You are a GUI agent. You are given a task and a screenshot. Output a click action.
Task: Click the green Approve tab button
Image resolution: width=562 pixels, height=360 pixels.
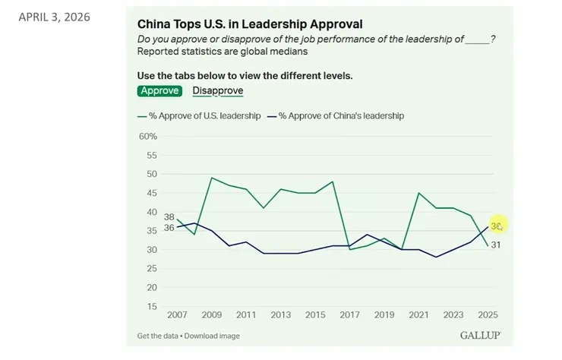pos(159,90)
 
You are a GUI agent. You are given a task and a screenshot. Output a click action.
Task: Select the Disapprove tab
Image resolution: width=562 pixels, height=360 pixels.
pos(218,90)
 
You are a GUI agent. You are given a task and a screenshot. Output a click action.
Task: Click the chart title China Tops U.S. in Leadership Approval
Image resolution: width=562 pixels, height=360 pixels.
pos(250,24)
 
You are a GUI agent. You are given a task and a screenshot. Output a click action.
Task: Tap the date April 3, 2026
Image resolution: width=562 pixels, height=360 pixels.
pos(54,17)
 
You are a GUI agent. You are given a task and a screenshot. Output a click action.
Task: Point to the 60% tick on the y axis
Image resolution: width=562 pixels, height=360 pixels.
pos(148,136)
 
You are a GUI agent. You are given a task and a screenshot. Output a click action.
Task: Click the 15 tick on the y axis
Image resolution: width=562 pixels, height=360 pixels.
pos(152,306)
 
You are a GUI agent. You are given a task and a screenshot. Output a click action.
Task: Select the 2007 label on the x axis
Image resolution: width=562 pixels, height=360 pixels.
pos(177,315)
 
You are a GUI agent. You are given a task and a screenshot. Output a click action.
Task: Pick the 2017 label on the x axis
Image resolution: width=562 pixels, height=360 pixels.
pos(349,315)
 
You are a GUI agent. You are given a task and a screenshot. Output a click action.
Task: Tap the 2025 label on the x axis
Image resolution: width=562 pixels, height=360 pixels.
pos(488,315)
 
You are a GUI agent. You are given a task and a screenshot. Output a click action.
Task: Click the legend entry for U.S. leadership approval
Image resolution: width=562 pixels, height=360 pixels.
pos(199,115)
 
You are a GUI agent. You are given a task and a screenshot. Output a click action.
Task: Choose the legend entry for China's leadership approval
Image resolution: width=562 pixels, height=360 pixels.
pos(336,115)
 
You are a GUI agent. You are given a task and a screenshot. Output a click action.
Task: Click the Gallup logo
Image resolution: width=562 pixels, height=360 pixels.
pos(481,335)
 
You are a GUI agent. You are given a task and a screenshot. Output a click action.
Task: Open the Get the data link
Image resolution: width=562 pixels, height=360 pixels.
pos(157,336)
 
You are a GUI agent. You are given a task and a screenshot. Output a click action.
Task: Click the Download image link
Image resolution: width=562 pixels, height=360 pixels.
pos(212,336)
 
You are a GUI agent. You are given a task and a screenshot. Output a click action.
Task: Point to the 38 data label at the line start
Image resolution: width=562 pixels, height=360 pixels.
pos(169,217)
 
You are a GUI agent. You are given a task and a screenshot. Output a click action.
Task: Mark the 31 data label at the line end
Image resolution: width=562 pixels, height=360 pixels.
pos(496,245)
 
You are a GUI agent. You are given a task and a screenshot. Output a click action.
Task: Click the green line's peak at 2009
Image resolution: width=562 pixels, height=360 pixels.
pos(211,178)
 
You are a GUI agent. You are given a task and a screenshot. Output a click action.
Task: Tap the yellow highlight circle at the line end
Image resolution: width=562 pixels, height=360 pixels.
pos(498,225)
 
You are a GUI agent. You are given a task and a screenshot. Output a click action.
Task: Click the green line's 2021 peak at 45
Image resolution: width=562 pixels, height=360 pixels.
pos(418,193)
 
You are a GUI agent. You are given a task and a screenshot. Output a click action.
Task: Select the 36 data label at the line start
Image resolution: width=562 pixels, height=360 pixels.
pos(169,228)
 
